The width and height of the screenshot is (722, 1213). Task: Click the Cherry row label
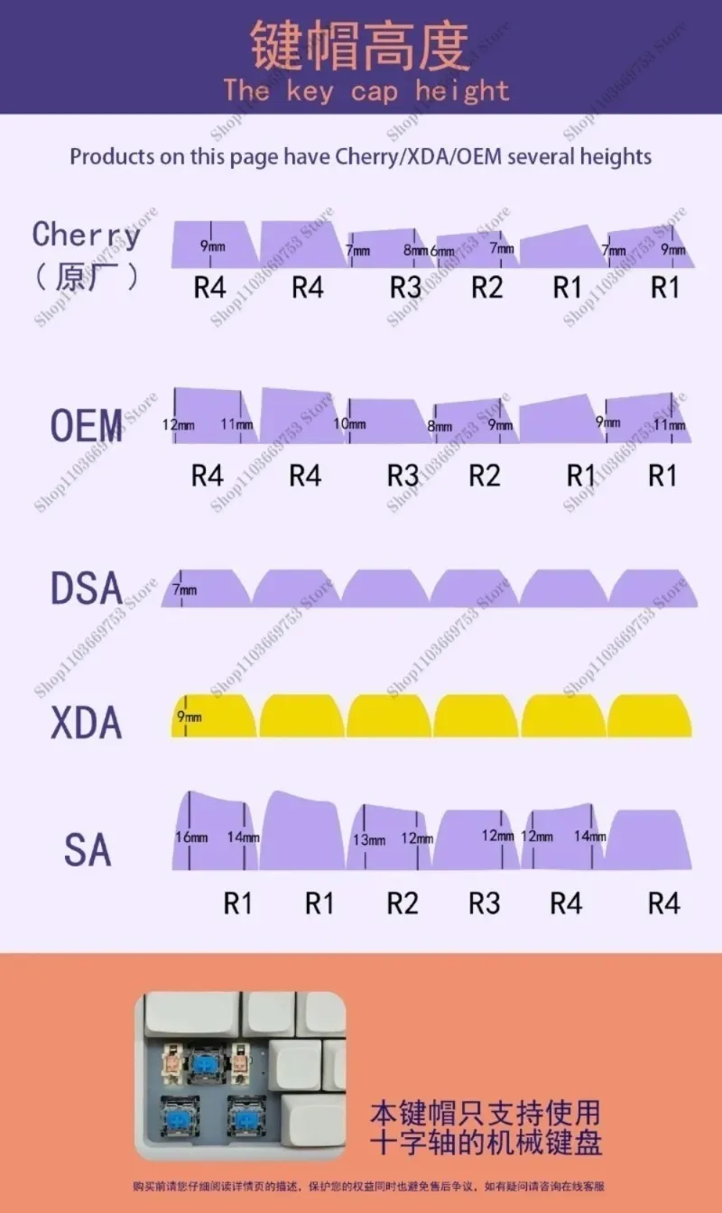[x=87, y=235]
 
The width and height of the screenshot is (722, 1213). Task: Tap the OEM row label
[x=87, y=425]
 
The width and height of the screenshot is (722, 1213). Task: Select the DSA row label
[x=87, y=588]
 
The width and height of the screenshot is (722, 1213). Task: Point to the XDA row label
[x=87, y=723]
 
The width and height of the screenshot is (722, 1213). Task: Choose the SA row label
[x=88, y=850]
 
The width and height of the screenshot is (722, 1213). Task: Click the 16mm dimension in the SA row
[x=191, y=838]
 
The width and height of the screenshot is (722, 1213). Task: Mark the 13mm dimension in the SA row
[x=369, y=840]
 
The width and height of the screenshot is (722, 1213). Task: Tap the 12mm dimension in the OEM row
[x=178, y=424]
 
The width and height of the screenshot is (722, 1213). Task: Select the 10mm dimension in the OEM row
[x=349, y=424]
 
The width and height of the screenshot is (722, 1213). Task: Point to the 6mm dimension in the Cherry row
[x=442, y=251]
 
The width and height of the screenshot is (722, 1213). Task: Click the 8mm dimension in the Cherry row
[x=415, y=250]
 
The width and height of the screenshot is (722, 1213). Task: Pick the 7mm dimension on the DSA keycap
[x=184, y=589]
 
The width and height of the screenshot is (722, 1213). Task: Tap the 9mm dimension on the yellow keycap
[x=189, y=717]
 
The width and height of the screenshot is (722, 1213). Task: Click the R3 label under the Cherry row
[x=405, y=288]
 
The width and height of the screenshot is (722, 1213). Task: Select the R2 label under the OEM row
[x=486, y=476]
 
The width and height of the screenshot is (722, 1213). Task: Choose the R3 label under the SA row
[x=485, y=903]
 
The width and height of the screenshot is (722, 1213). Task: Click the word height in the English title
[x=462, y=91]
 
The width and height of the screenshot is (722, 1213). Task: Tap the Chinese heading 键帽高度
[x=360, y=44]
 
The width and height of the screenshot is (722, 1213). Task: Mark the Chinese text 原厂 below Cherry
[x=87, y=275]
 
